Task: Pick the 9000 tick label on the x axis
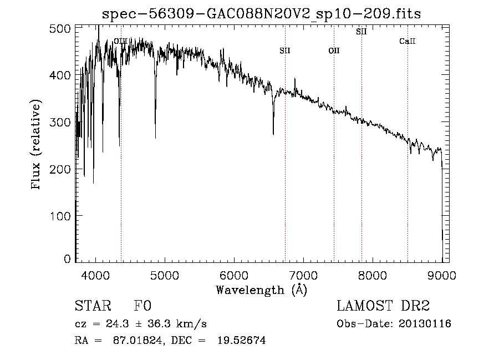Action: pos(442,275)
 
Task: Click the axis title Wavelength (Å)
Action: pos(261,289)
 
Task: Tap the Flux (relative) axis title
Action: pos(37,145)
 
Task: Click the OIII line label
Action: pos(120,41)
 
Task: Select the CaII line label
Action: pos(408,42)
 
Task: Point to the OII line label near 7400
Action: pos(334,51)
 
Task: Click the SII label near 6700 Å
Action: pos(285,51)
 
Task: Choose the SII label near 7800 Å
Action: pos(361,32)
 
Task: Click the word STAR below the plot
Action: pos(92,306)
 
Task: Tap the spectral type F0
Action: pos(142,306)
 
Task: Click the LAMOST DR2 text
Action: pos(383,306)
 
